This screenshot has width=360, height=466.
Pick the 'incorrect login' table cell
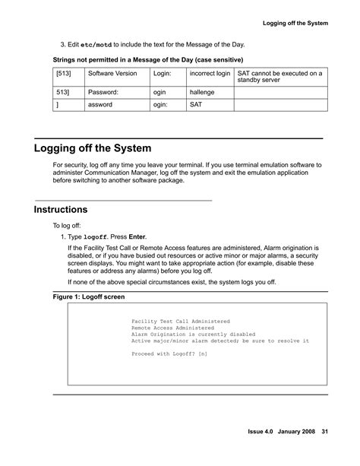pos(210,74)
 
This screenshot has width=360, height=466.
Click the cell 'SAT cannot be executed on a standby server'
pos(279,78)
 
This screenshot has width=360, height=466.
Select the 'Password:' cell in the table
pos(104,92)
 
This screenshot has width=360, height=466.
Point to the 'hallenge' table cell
pos(203,92)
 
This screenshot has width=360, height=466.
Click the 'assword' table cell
pos(101,106)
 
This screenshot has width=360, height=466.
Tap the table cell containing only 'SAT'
pos(196,106)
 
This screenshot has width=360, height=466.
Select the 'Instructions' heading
pos(61,209)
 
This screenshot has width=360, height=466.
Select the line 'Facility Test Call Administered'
pos(180,322)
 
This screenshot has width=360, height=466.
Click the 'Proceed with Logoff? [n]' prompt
pos(169,353)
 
